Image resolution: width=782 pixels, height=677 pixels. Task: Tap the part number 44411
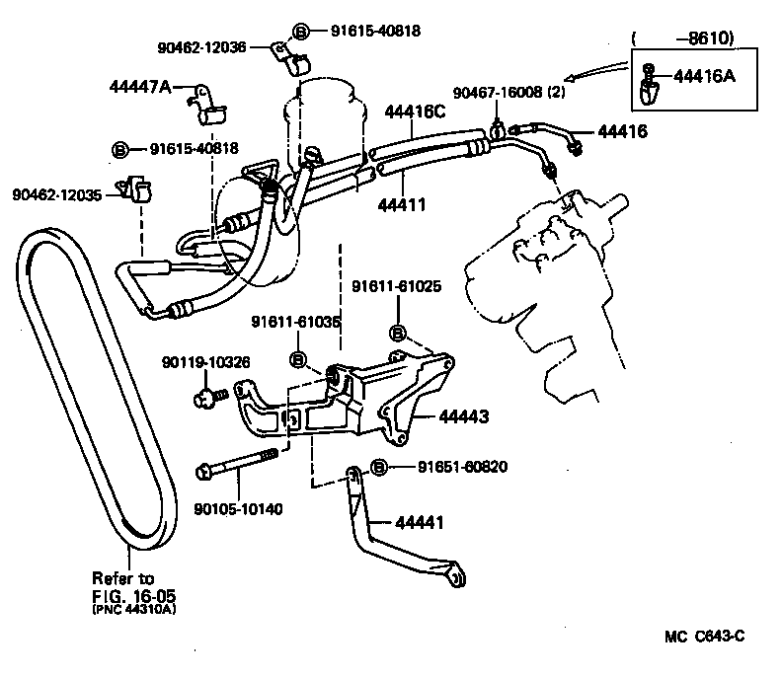point(402,205)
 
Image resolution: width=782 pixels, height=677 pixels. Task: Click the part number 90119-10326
point(205,363)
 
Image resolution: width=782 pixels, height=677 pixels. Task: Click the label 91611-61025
point(396,287)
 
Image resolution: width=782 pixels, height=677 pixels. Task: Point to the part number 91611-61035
point(295,322)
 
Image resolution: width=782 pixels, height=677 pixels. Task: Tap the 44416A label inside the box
point(705,76)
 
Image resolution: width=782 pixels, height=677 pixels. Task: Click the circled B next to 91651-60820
point(377,467)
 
